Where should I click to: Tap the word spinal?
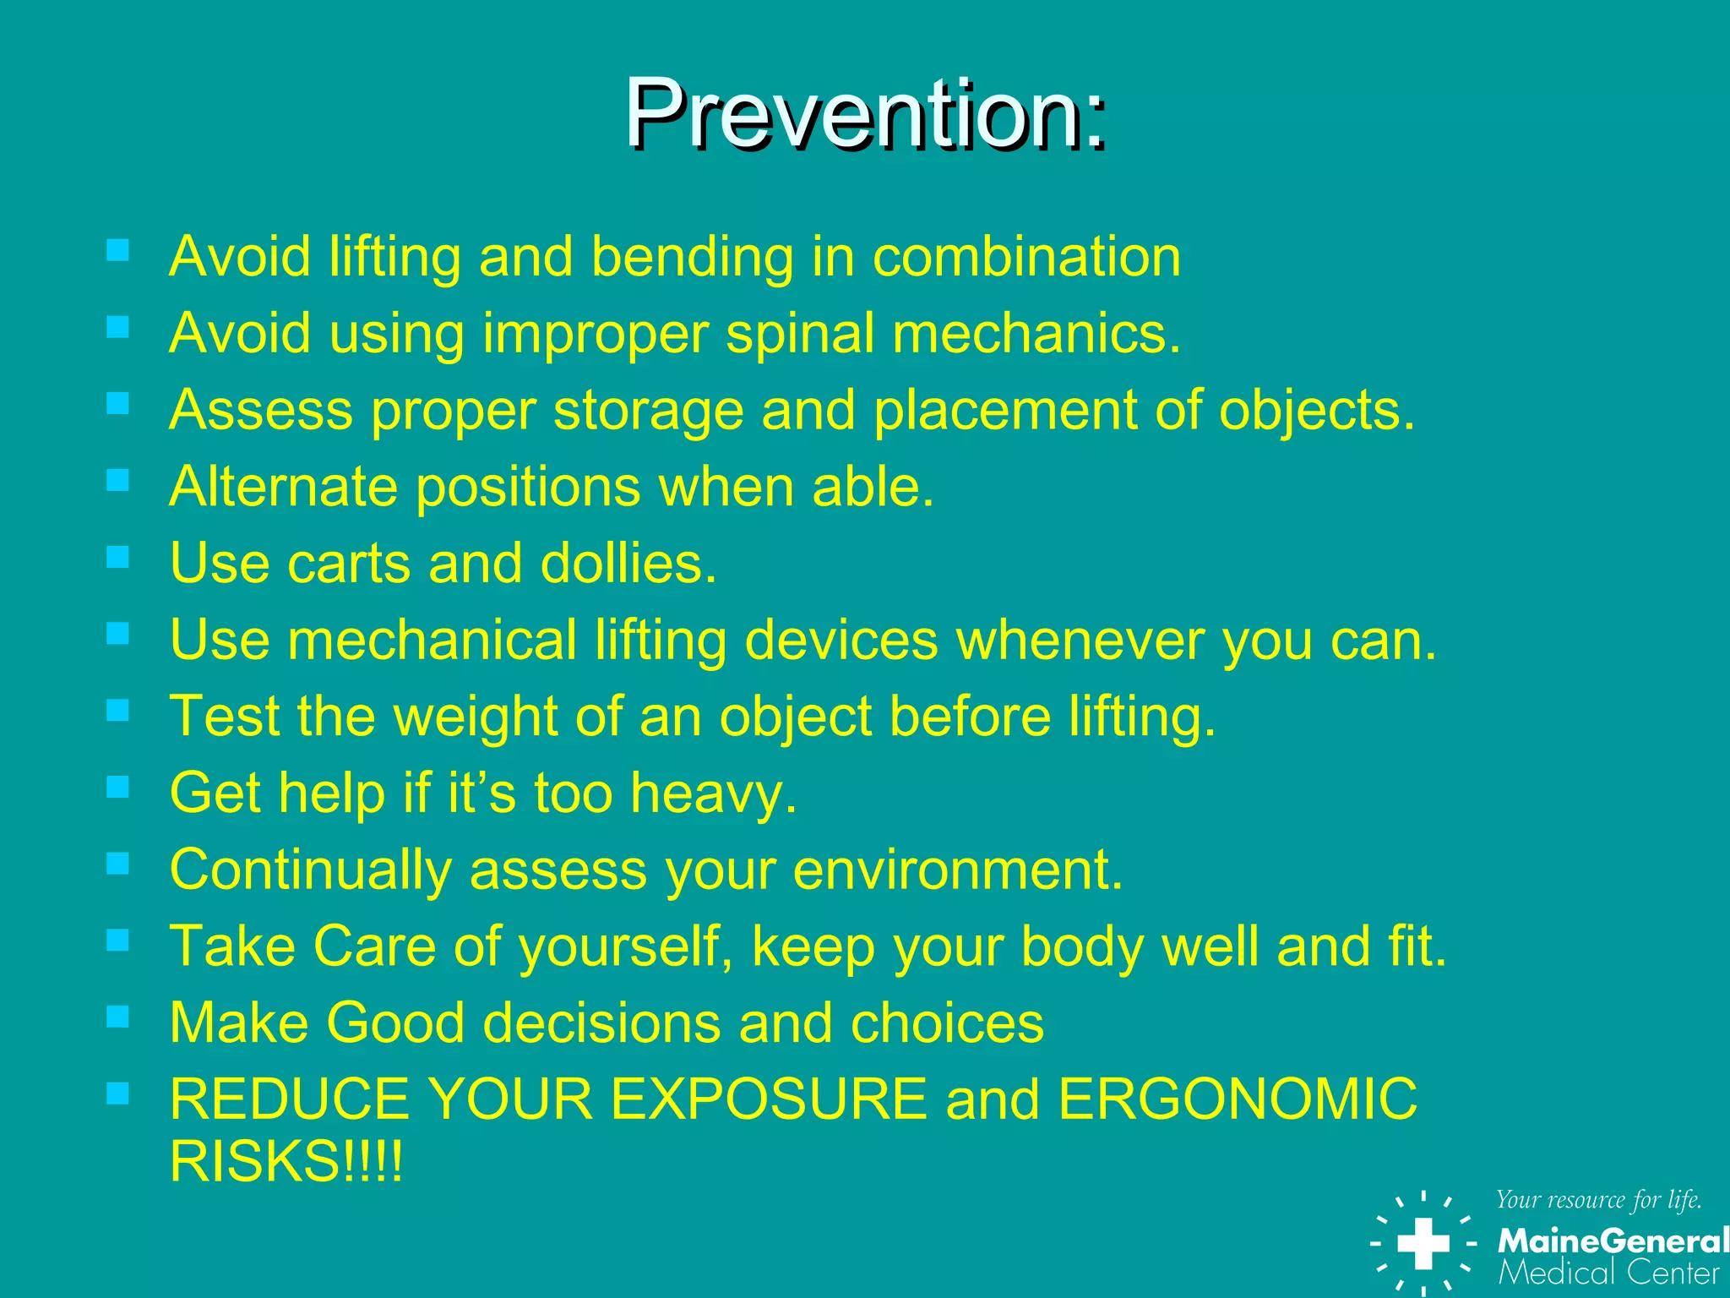pyautogui.click(x=800, y=333)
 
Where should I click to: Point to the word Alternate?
pyautogui.click(x=283, y=487)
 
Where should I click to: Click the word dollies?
pyautogui.click(x=628, y=563)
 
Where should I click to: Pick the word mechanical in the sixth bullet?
pyautogui.click(x=432, y=640)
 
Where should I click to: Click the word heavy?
pyautogui.click(x=714, y=794)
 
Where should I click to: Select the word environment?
pyautogui.click(x=958, y=870)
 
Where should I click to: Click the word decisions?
pyautogui.click(x=601, y=1023)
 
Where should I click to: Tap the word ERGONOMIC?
pyautogui.click(x=1238, y=1099)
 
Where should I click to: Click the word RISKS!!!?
pyautogui.click(x=286, y=1161)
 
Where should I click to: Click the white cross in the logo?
pyautogui.click(x=1423, y=1243)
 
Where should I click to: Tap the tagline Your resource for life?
pyautogui.click(x=1598, y=1200)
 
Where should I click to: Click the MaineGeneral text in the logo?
pyautogui.click(x=1612, y=1241)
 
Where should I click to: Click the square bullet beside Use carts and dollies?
pyautogui.click(x=118, y=557)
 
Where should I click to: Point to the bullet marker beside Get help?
pyautogui.click(x=118, y=788)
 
